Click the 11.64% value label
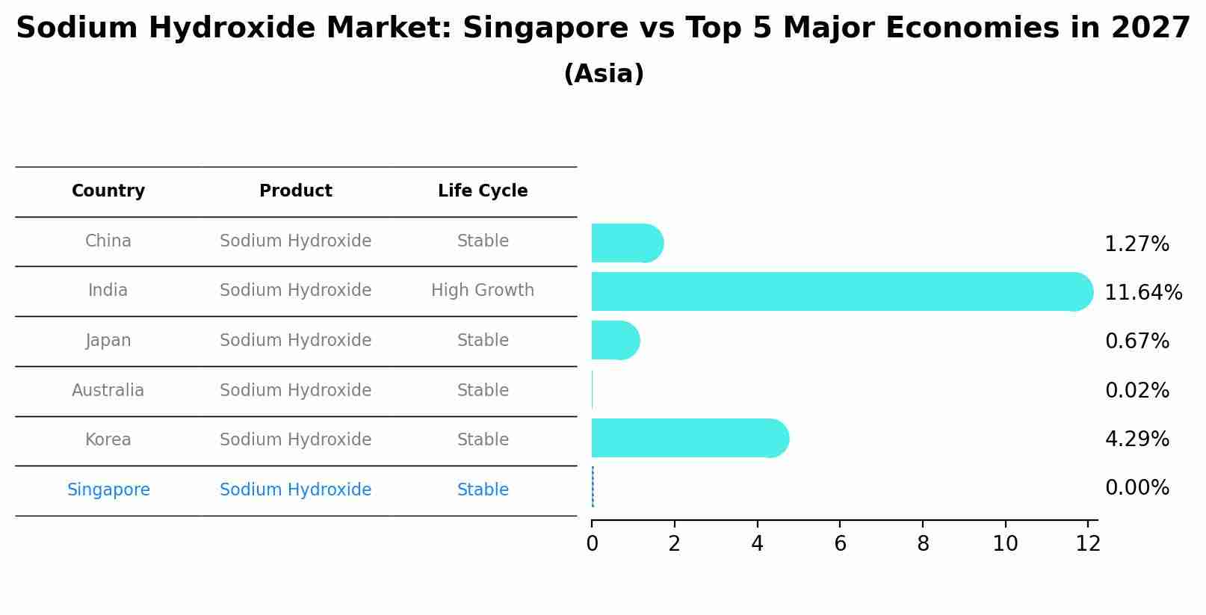point(1142,292)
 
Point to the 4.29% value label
point(1137,439)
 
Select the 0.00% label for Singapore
point(1137,488)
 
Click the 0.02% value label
point(1137,390)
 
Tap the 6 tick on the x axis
point(840,544)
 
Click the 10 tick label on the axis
point(1005,544)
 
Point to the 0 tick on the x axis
point(592,544)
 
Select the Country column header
point(108,191)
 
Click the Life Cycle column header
point(483,191)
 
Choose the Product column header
point(296,191)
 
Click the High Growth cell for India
point(483,290)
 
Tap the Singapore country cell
point(108,489)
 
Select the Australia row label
point(108,390)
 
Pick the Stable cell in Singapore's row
point(483,489)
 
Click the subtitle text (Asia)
point(604,74)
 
